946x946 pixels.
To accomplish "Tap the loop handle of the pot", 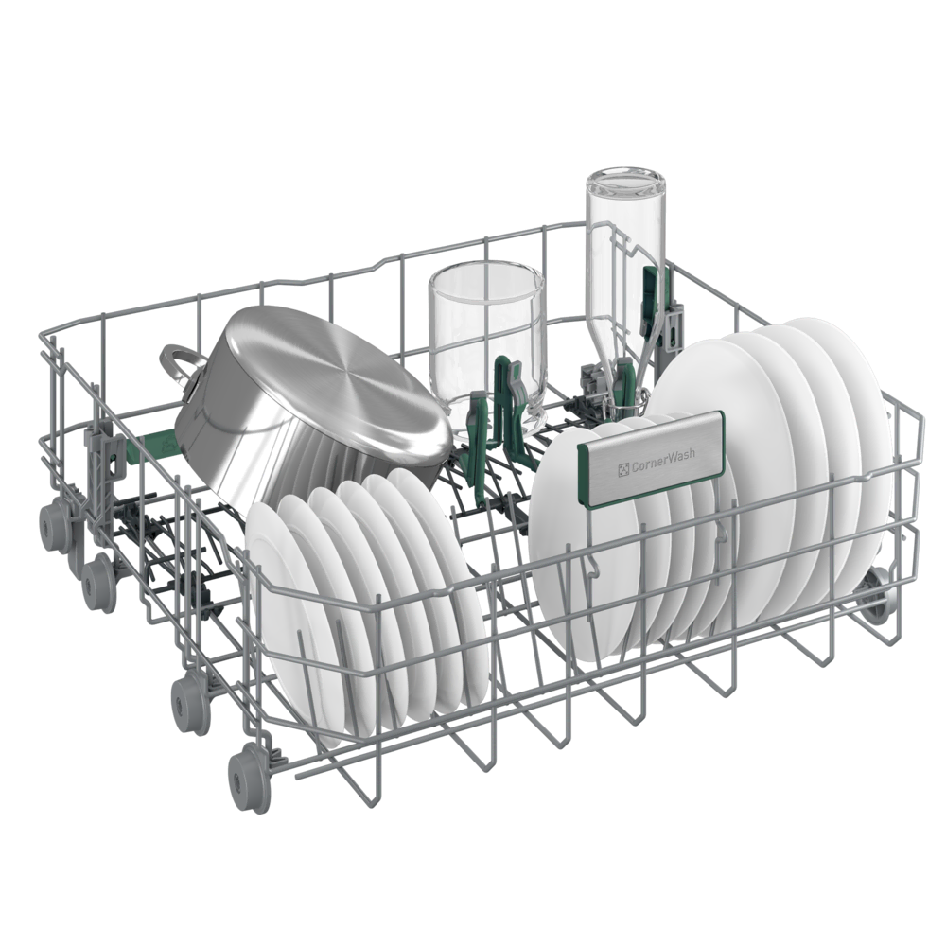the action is point(179,366).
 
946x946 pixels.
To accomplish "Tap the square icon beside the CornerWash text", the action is point(623,468).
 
